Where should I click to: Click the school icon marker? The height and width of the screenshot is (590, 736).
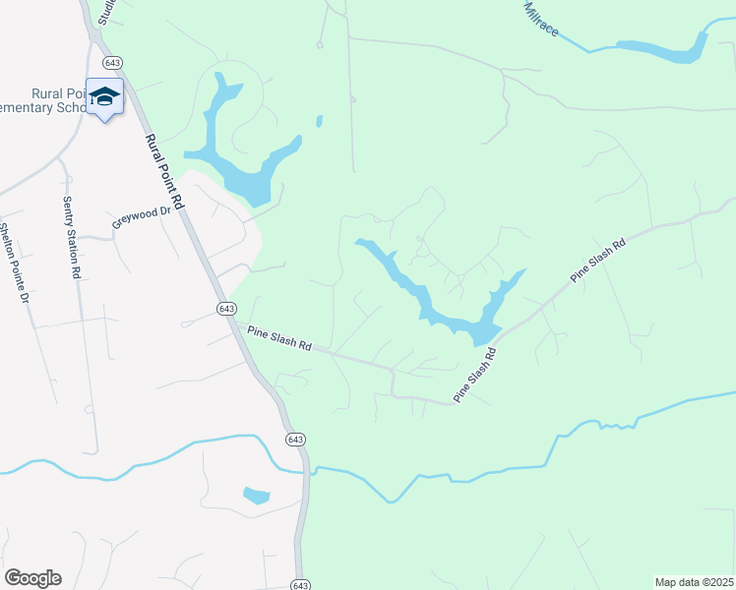pyautogui.click(x=104, y=96)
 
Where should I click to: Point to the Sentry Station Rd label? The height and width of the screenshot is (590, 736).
pyautogui.click(x=70, y=238)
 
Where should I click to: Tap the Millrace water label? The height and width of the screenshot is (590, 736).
pyautogui.click(x=541, y=20)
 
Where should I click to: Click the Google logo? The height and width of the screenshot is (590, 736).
pyautogui.click(x=32, y=578)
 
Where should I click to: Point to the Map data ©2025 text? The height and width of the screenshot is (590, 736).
pyautogui.click(x=694, y=582)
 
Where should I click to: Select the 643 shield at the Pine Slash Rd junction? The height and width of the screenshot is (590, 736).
pyautogui.click(x=226, y=309)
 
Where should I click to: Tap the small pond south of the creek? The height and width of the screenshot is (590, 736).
pyautogui.click(x=256, y=495)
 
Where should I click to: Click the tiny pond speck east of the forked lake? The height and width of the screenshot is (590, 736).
pyautogui.click(x=319, y=122)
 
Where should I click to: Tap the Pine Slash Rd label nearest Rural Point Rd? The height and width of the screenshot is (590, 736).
pyautogui.click(x=279, y=339)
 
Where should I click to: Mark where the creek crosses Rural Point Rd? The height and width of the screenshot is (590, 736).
pyautogui.click(x=307, y=469)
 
